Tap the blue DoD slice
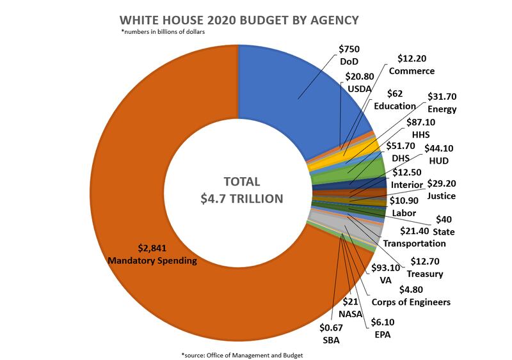coord(288,90)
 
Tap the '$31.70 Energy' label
coord(442,102)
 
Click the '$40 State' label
coord(444,225)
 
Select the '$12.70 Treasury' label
coord(425,267)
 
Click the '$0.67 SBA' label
coord(331,334)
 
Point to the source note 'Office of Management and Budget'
coord(243,354)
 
